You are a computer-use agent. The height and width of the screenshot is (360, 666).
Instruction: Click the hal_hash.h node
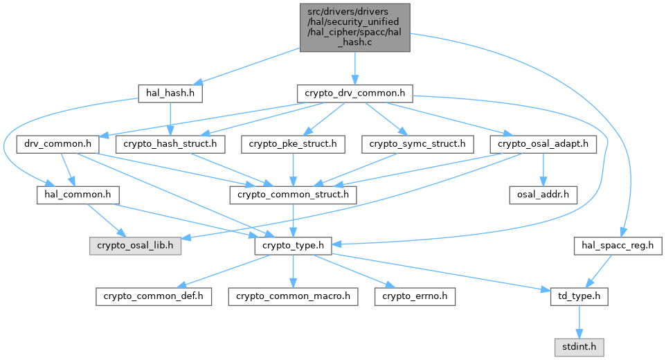pos(170,93)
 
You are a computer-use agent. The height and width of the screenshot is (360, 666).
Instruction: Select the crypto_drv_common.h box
pos(354,93)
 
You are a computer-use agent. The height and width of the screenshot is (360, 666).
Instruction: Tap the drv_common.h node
pos(57,144)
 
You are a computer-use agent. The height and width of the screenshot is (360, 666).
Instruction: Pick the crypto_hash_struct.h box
pos(170,144)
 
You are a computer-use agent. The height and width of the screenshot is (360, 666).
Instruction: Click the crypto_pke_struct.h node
pos(293,144)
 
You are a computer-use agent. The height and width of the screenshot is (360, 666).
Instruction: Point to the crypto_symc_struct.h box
pos(417,144)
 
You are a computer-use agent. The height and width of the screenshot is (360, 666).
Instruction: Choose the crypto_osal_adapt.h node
pos(543,144)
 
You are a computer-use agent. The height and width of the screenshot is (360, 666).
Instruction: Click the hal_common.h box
pos(78,195)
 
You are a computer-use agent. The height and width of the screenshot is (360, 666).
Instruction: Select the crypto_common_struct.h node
pos(293,195)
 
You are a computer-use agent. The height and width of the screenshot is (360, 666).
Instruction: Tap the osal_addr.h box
pos(543,195)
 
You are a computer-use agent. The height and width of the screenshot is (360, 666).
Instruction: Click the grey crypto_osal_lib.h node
pos(135,246)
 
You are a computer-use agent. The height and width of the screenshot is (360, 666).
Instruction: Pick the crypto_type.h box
pos(293,246)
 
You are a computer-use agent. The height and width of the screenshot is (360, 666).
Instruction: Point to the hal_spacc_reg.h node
pos(618,246)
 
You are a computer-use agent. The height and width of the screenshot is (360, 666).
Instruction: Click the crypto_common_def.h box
pos(153,296)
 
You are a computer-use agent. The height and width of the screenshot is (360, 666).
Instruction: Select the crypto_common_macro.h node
pos(293,296)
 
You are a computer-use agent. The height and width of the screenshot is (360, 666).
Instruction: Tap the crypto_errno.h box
pos(415,296)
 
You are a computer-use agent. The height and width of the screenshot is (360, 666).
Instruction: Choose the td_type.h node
pos(579,296)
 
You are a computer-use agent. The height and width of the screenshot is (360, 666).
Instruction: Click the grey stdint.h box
pos(579,348)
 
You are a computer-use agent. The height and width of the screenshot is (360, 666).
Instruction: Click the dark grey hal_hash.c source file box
pos(354,28)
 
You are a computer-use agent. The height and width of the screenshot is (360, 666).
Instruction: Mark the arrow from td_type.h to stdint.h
pos(579,322)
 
